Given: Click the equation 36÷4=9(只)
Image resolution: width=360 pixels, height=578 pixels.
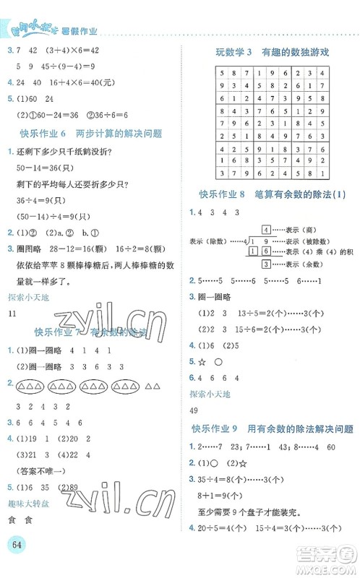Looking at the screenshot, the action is point(41,200).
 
